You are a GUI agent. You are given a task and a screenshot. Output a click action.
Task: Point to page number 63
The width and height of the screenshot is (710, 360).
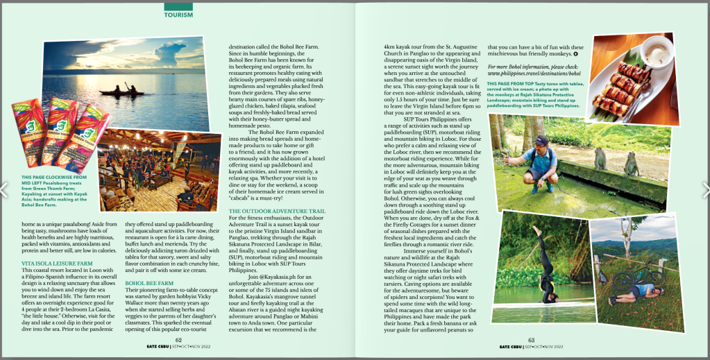tap(532, 340)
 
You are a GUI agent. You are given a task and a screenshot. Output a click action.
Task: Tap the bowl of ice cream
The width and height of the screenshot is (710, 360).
tap(657, 51)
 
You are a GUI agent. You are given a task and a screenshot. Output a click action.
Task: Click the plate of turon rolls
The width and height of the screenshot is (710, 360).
tap(624, 83)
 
